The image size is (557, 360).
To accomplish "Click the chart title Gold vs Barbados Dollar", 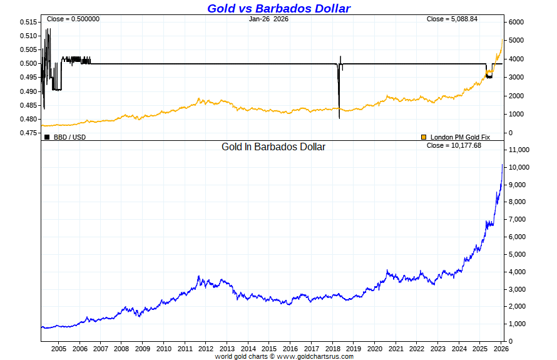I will pos(278,8).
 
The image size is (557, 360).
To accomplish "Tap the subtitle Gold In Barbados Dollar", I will pos(273,147).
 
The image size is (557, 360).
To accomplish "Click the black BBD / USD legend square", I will pos(47,137).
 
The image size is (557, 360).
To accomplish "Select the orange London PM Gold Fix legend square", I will pos(424,137).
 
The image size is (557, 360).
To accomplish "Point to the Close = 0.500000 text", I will pos(73,19).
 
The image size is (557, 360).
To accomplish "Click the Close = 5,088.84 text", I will pos(452,19).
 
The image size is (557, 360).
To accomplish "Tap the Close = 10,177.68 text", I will pos(454,145).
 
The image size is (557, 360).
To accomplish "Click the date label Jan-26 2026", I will pos(268,19).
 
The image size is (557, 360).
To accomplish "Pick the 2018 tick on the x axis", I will pos(332,349).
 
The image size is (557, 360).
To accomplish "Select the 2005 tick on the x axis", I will pos(58,349).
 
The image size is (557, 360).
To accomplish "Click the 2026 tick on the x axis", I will pos(501,349).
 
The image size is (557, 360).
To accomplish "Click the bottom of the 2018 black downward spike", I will pos(339,118).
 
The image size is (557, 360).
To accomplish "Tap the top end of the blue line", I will pos(502,165).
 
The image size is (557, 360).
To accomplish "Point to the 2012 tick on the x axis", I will pos(206,349).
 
